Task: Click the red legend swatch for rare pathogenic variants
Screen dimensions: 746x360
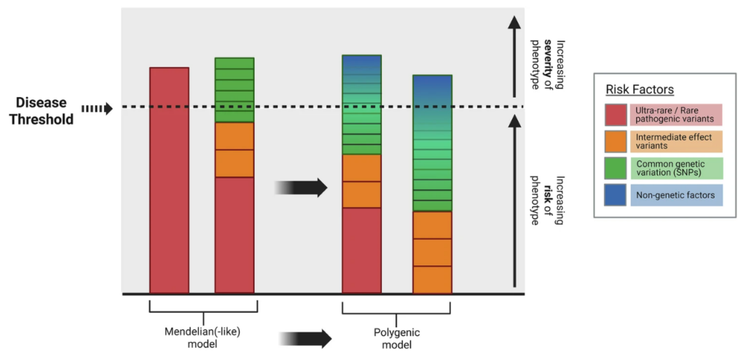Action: tap(616, 115)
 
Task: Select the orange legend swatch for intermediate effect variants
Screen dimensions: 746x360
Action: tap(616, 142)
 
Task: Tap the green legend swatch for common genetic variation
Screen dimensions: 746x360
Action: tap(616, 168)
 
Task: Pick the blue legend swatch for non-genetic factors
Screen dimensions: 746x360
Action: tap(616, 195)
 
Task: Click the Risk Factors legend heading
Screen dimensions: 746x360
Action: tap(640, 90)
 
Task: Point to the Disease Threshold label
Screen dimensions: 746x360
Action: tap(44, 111)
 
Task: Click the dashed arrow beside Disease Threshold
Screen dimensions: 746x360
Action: tap(97, 109)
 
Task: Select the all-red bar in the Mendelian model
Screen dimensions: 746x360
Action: tap(169, 181)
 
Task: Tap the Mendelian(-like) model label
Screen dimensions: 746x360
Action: tap(203, 337)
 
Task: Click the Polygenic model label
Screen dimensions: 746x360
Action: tap(396, 337)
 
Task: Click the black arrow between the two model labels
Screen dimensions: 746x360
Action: tap(305, 339)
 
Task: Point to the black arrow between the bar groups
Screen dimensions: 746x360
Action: tap(301, 187)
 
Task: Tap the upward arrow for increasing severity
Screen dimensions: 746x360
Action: tap(514, 56)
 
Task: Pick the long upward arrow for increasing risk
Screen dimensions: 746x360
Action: tap(514, 201)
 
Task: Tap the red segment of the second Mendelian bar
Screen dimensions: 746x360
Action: tap(235, 235)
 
